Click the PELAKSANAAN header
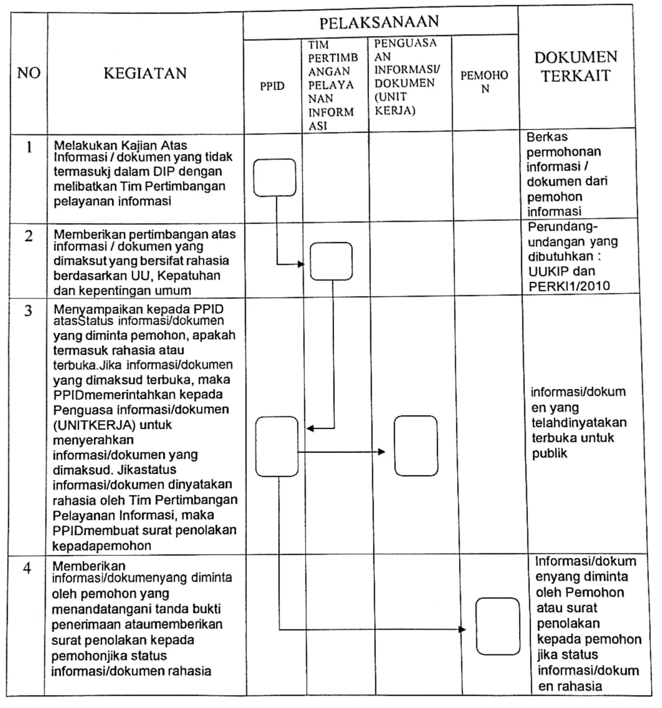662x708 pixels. (379, 22)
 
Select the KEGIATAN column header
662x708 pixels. (145, 73)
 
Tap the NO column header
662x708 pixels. (28, 73)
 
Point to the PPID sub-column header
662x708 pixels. (272, 86)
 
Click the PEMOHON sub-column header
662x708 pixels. (484, 82)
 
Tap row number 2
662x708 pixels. (28, 236)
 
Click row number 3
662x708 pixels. (28, 311)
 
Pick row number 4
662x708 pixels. (27, 568)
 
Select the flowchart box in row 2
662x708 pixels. (331, 261)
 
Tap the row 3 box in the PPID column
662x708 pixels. (277, 447)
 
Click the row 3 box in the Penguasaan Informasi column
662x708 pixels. (416, 446)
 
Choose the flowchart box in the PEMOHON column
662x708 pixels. (498, 626)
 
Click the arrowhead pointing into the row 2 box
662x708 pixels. (301, 264)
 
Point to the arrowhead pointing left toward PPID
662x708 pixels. (310, 428)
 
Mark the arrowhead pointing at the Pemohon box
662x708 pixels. (462, 630)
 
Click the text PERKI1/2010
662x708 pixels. (569, 286)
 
